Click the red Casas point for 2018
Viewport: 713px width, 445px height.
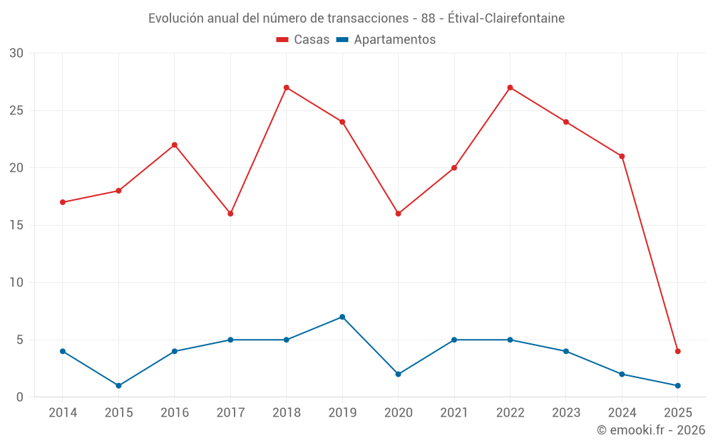tap(286, 88)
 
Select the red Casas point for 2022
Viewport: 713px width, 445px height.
tap(510, 88)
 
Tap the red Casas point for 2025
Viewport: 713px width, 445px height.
tap(677, 351)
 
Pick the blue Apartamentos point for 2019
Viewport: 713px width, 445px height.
tap(342, 317)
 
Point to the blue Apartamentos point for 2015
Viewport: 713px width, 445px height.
tap(118, 385)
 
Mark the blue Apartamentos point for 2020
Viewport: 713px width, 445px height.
tap(398, 374)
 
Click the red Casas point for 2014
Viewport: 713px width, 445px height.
tap(63, 202)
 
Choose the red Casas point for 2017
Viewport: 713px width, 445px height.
tap(230, 214)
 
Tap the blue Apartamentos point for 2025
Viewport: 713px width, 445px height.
tap(677, 385)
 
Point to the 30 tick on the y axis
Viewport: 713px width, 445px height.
tap(16, 53)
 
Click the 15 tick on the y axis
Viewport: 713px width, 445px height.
tap(16, 225)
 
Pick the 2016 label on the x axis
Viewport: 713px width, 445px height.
tap(175, 412)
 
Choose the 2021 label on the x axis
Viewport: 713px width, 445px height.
tap(454, 412)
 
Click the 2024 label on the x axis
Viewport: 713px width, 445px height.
tap(622, 412)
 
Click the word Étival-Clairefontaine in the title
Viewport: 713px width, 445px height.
tap(506, 19)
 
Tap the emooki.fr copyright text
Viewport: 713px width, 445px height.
tap(651, 430)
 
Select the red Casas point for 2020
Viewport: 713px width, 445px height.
tap(398, 214)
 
